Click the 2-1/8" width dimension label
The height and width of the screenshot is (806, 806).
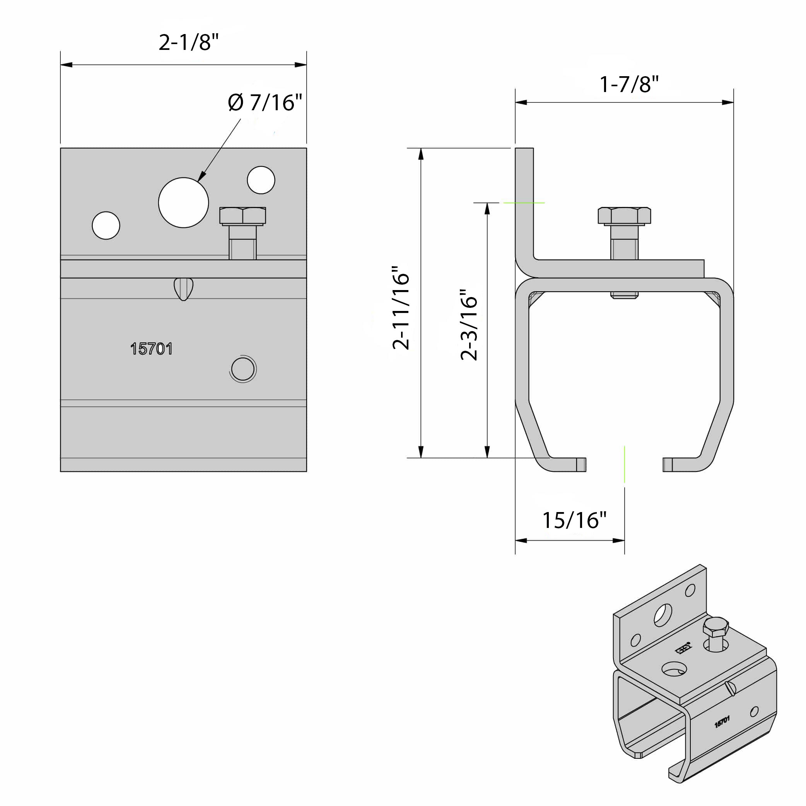point(189,42)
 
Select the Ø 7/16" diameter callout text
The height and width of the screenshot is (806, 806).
point(265,102)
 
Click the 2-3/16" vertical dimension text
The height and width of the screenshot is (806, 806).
point(468,324)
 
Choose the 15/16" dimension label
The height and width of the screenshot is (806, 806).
point(574,520)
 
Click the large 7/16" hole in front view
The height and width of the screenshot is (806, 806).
point(184,203)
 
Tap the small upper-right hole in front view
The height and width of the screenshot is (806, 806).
point(261,180)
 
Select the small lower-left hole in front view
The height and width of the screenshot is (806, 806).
point(106,225)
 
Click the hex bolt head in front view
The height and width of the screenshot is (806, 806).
point(243,216)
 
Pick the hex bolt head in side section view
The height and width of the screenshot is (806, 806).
point(624,216)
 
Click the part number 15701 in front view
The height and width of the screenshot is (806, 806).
point(152,349)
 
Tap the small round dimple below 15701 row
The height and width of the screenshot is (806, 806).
point(243,369)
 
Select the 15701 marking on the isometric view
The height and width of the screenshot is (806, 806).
point(722,722)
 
